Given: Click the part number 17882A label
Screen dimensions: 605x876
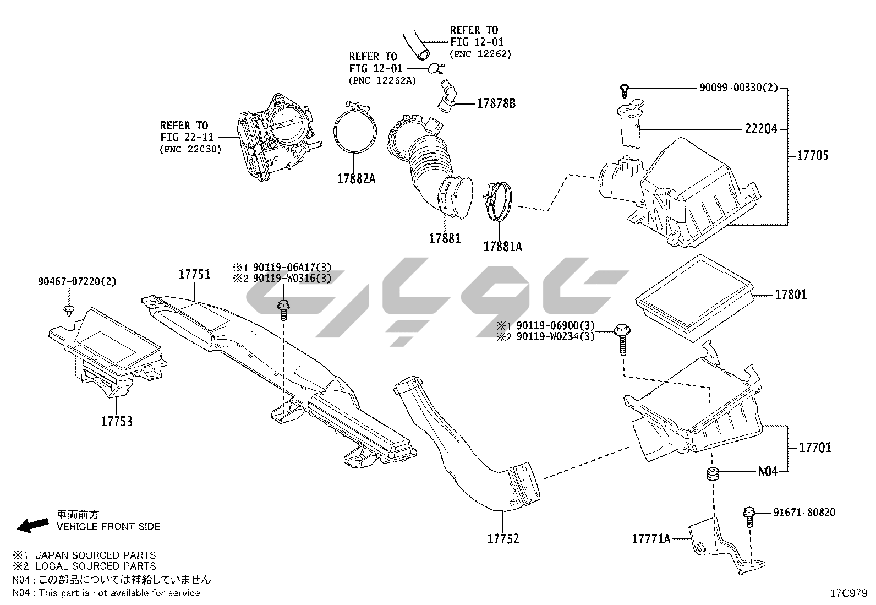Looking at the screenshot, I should pos(356,178).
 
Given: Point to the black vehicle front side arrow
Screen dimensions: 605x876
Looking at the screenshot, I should pos(32,525).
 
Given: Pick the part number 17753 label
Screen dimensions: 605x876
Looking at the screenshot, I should pos(117,421).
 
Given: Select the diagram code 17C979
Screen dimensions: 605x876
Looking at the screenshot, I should pos(848,593).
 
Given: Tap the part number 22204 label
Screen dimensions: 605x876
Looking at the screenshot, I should pos(761,129).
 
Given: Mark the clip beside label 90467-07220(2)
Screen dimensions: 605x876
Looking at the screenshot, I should pos(69,309).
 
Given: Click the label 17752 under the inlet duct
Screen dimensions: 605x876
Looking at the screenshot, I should pos(503,538).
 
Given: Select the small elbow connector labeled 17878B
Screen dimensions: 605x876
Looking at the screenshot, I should pos(447,96).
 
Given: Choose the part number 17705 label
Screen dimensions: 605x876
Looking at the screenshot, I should pos(813,155).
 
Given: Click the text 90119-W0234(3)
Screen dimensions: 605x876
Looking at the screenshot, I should pos(554,336).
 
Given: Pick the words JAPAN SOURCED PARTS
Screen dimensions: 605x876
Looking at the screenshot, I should pos(96,555).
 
